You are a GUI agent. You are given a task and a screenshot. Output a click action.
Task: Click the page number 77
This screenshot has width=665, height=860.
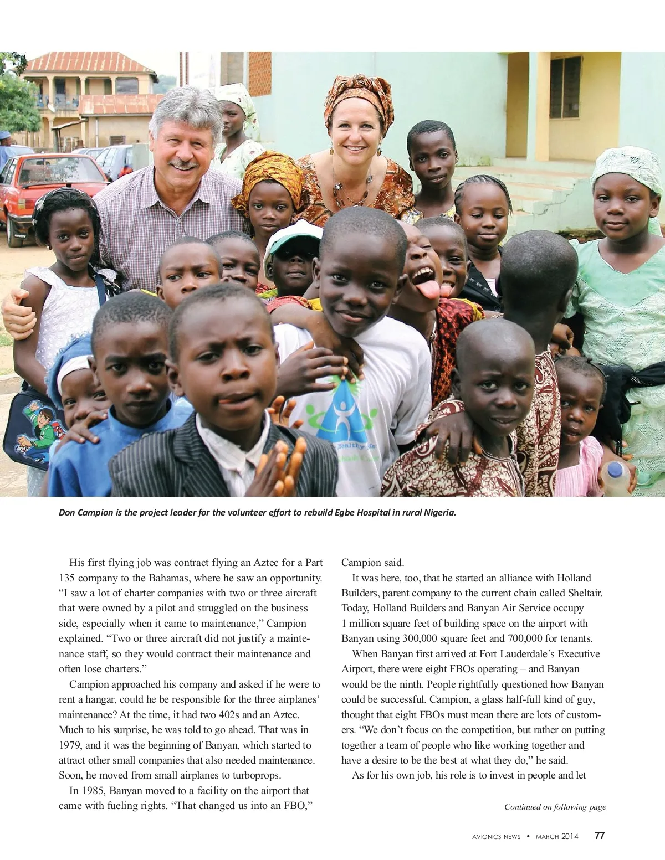600,836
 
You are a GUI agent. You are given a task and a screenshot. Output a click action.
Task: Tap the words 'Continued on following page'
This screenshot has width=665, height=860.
555,807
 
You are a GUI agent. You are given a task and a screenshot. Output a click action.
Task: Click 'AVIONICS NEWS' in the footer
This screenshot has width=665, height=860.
493,836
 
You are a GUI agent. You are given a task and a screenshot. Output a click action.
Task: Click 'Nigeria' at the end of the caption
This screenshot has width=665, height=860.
439,512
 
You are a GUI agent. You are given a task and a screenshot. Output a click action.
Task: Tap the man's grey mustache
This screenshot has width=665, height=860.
184,164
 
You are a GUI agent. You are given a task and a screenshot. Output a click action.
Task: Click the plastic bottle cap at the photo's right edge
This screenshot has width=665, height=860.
616,471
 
